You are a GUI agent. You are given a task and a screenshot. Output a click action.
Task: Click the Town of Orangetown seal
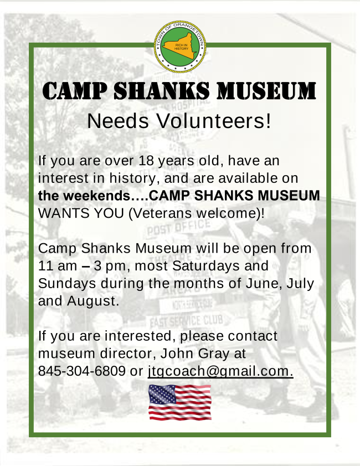[180, 47]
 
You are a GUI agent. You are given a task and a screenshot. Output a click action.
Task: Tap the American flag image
[179, 402]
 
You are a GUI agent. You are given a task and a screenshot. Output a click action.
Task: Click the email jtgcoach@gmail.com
[220, 371]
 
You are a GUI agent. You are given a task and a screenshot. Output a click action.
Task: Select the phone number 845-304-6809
[81, 371]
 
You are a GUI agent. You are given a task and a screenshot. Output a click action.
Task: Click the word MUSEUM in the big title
[266, 90]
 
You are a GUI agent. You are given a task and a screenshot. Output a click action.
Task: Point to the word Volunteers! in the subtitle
[214, 121]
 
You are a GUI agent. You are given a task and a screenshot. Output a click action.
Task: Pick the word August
[93, 301]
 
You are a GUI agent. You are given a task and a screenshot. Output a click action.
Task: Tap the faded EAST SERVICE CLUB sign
[186, 321]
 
